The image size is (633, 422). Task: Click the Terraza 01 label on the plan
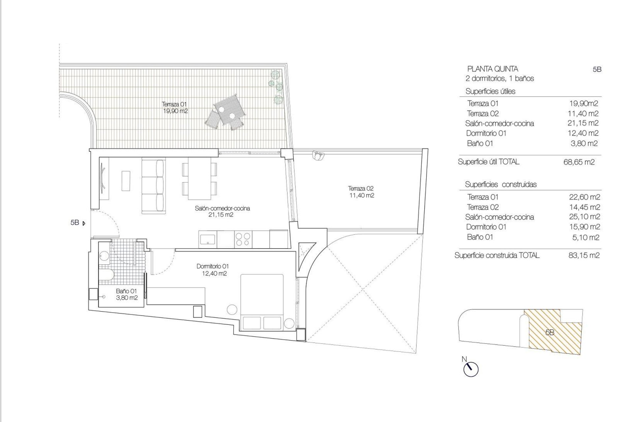(175, 107)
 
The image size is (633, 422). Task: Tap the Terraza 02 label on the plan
(361, 192)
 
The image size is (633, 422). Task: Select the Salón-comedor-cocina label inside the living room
(223, 211)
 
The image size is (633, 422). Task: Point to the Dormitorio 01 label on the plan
(212, 269)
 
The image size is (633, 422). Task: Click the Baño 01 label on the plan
(126, 294)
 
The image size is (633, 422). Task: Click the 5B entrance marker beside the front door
(78, 223)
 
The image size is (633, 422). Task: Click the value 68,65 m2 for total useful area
(579, 162)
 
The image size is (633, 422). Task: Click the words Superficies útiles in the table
(490, 91)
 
